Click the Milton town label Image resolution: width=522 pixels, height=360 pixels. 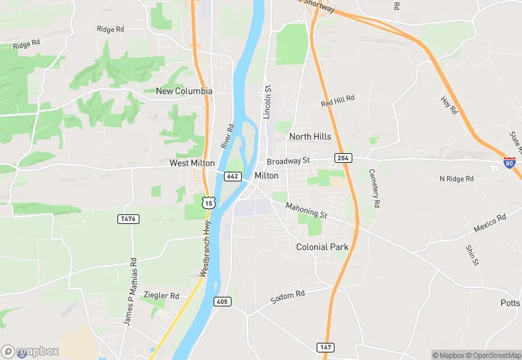click(266, 176)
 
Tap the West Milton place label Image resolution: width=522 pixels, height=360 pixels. click(193, 164)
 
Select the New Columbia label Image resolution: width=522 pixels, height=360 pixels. click(184, 91)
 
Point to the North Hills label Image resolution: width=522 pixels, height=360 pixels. click(310, 137)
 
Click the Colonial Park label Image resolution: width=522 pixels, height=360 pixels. click(322, 247)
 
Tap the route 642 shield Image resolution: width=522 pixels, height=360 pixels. click(232, 177)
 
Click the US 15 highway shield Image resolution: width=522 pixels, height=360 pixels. click(209, 203)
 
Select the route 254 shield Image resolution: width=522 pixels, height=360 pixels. click(343, 158)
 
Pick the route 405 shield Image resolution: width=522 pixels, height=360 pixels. click(222, 302)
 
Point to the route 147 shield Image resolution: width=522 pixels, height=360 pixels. click(325, 348)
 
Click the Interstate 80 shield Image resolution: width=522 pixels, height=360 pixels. click(509, 163)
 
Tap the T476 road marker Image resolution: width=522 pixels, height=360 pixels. click(128, 219)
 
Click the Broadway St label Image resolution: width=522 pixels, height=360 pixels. click(288, 161)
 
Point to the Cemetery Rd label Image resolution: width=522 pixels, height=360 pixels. click(374, 188)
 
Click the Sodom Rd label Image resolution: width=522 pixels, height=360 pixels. click(286, 297)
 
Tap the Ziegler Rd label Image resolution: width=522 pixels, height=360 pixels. click(161, 295)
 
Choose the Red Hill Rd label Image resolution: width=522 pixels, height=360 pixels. click(337, 101)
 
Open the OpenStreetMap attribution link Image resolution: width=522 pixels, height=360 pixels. click(492, 355)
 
